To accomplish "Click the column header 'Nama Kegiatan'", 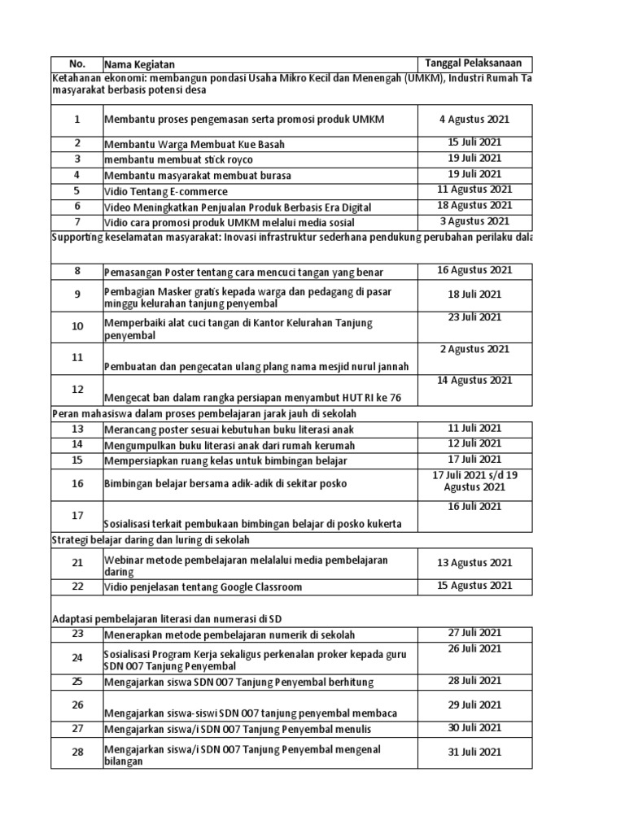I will point(139,64).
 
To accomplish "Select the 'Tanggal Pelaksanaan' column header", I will point(474,63).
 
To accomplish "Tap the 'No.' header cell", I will point(76,64).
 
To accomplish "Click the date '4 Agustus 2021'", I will point(474,120).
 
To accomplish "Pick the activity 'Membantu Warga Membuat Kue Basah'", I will point(194,144).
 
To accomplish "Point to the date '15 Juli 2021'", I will point(474,142).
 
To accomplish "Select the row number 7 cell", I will point(76,221).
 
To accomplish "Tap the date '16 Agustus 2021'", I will point(474,271).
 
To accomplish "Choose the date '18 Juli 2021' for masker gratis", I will point(474,294).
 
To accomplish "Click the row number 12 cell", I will point(76,390).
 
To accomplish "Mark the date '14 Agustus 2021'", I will point(474,380).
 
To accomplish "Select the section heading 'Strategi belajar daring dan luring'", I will point(151,539).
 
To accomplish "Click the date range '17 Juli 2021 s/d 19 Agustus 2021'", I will point(474,481).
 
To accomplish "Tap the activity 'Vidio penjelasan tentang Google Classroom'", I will point(203,587).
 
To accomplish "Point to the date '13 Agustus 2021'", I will point(474,562).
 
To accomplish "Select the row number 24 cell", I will point(76,657).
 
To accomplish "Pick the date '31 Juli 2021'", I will point(474,752).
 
